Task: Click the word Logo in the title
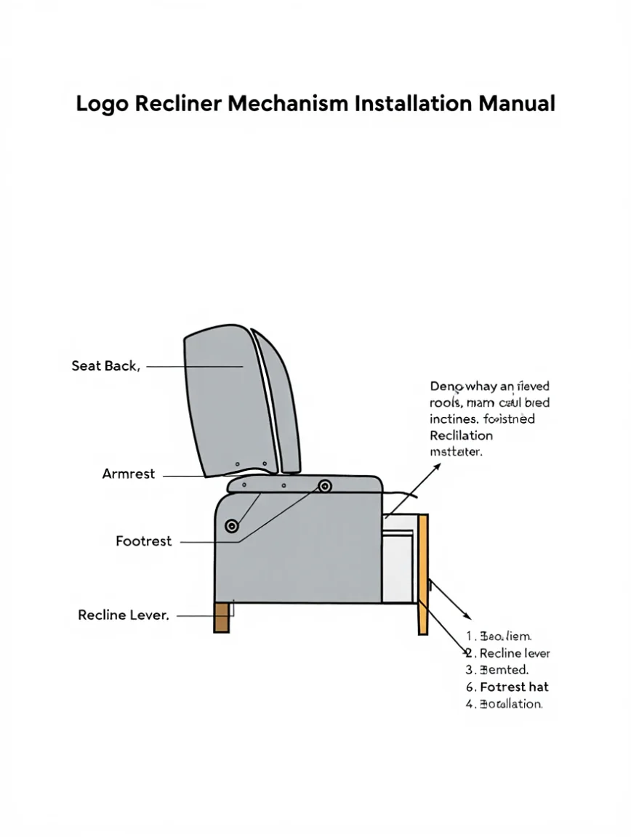(103, 104)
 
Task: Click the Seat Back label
(105, 366)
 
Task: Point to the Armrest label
(129, 474)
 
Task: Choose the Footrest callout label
(144, 541)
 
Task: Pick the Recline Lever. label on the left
(124, 615)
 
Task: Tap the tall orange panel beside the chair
(422, 574)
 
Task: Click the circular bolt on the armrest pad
(324, 486)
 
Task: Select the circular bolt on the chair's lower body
(232, 525)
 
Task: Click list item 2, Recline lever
(509, 653)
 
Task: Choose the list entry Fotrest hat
(508, 687)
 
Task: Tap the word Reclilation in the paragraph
(461, 436)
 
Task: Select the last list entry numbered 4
(505, 703)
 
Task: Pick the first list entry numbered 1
(500, 636)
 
